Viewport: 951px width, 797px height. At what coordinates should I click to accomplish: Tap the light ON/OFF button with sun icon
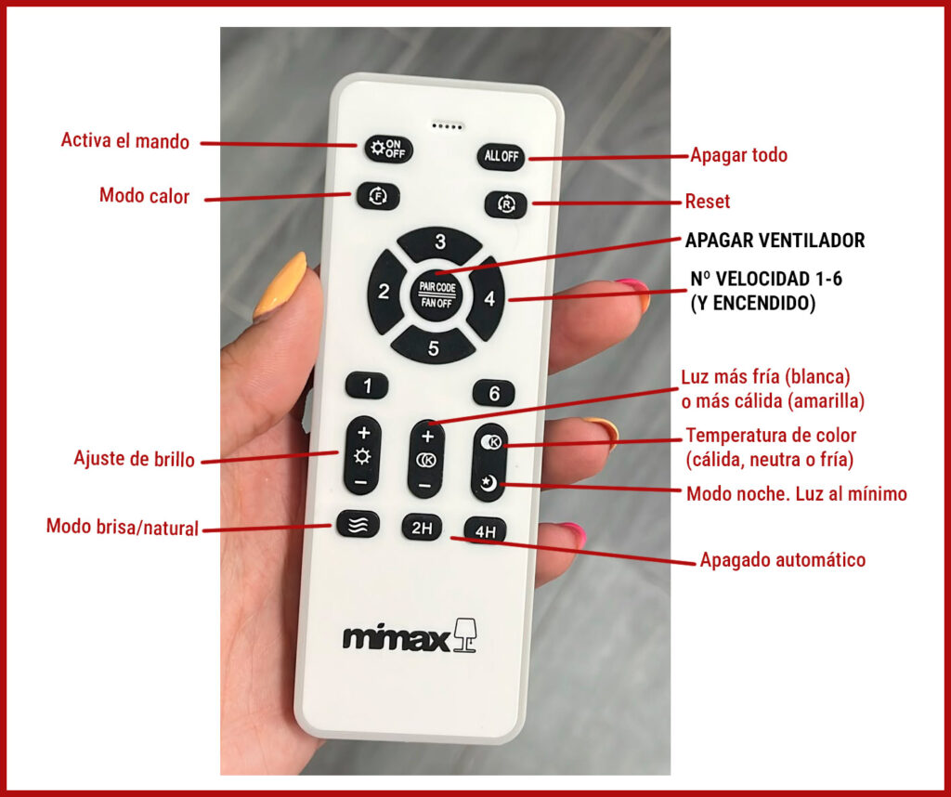[x=389, y=149]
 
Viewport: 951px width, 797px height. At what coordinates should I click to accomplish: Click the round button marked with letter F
[x=378, y=197]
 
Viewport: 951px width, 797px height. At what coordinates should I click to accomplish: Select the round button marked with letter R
[x=506, y=205]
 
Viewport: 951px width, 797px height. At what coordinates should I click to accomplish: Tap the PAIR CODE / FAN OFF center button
[x=436, y=294]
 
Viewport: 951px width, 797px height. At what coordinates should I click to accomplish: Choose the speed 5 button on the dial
[x=433, y=346]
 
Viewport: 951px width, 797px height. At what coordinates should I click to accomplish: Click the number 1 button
[x=367, y=385]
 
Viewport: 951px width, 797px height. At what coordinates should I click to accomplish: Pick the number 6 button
[x=494, y=394]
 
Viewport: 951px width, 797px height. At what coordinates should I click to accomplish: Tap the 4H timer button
[x=485, y=530]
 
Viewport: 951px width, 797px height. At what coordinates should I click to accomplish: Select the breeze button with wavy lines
[x=358, y=525]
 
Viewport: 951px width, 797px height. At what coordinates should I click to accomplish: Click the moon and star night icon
[x=489, y=483]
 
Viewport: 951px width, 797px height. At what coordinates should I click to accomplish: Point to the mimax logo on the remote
[x=410, y=636]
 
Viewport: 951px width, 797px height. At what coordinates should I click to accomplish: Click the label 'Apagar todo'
[x=738, y=155]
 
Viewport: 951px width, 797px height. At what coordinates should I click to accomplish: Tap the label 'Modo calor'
[x=144, y=196]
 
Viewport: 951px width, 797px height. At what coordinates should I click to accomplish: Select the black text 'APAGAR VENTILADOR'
[x=775, y=241]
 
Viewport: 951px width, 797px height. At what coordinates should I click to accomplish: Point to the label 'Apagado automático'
[x=782, y=559]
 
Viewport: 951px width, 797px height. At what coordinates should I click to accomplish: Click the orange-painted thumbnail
[x=281, y=285]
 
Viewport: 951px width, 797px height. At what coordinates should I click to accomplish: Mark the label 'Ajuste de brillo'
[x=134, y=459]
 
